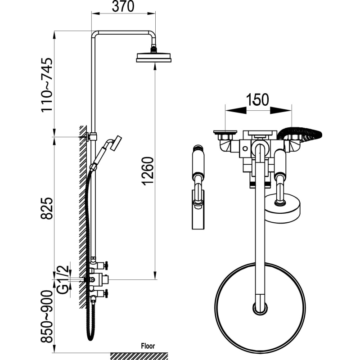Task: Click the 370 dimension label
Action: click(123, 6)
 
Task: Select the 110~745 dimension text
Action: click(47, 85)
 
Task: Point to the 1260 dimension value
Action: click(147, 171)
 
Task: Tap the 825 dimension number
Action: click(47, 208)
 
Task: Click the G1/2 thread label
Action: click(63, 279)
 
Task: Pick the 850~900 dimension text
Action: click(47, 316)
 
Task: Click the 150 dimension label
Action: click(257, 99)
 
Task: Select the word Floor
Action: click(148, 346)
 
